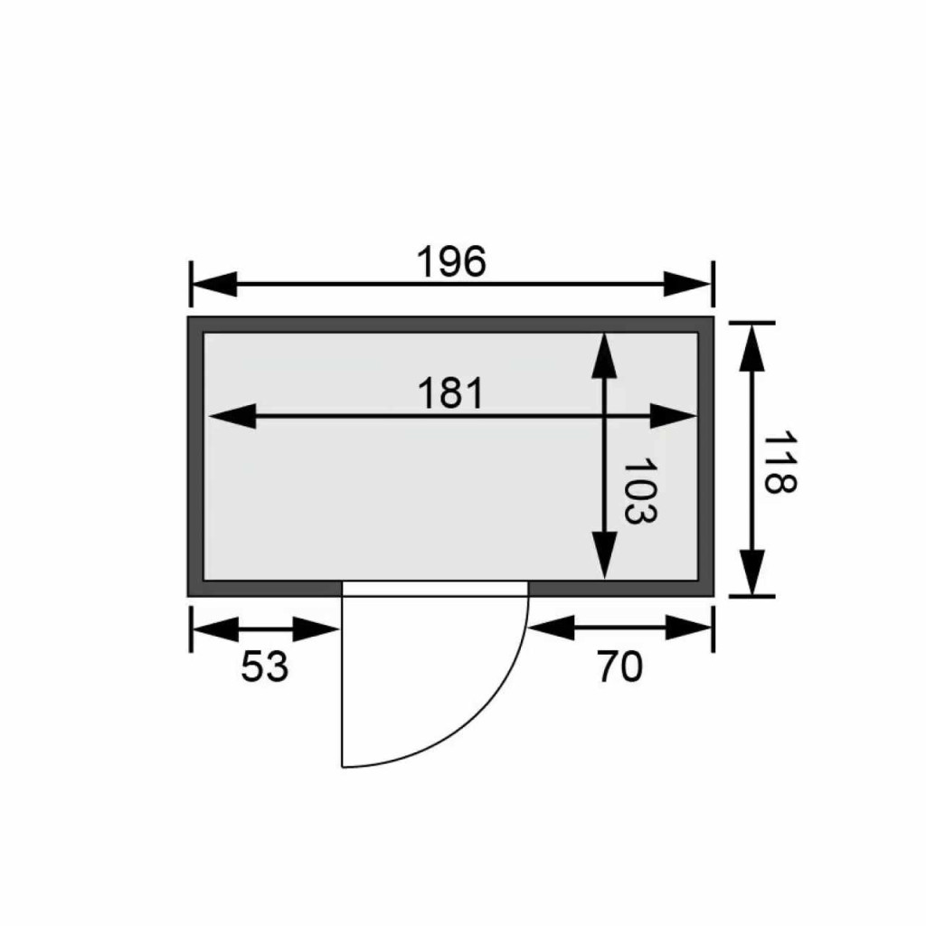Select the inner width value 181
(x=451, y=393)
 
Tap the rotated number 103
(x=639, y=490)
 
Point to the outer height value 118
(x=780, y=464)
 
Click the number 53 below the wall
(x=265, y=666)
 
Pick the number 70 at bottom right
(x=619, y=666)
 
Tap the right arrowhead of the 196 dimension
(x=687, y=284)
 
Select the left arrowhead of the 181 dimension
(x=232, y=416)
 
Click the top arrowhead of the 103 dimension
(x=604, y=355)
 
